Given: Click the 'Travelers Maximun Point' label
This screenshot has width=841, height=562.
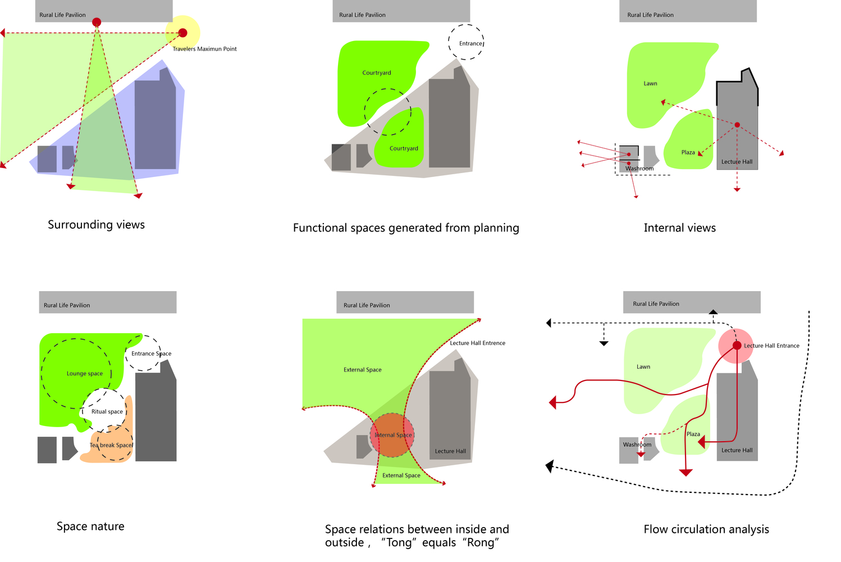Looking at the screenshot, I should [204, 49].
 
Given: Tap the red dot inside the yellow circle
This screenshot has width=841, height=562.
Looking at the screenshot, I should [182, 33].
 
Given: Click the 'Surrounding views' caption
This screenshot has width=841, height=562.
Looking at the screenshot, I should [96, 225].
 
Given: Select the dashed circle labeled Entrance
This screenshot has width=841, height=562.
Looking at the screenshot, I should [466, 42].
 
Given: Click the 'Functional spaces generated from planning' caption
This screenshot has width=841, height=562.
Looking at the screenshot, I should [406, 228].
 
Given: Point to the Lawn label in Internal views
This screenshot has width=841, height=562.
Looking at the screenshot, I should [650, 84].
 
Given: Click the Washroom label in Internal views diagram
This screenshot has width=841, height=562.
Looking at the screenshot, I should [639, 169].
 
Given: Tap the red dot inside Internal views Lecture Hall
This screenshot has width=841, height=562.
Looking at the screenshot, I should [737, 125].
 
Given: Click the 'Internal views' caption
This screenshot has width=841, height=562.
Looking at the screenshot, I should [679, 228].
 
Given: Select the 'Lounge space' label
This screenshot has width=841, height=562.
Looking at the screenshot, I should [85, 374].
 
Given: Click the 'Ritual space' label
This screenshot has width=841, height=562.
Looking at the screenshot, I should [107, 412].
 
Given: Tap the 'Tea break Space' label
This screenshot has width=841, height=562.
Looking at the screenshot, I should [111, 445].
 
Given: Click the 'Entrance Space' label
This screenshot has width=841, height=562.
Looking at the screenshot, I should [151, 354].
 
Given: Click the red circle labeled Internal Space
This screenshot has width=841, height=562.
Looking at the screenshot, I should [392, 435].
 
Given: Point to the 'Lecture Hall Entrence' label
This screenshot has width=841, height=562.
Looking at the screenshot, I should [477, 343].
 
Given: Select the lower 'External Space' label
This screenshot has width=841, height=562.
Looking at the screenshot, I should [401, 475].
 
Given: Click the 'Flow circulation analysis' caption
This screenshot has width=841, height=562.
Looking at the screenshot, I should [706, 529].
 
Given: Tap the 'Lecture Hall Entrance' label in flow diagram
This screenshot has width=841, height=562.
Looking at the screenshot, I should [771, 346].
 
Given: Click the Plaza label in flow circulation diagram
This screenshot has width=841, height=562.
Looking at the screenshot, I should [693, 434].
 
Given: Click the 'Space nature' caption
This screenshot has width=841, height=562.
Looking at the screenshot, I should [90, 527].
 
